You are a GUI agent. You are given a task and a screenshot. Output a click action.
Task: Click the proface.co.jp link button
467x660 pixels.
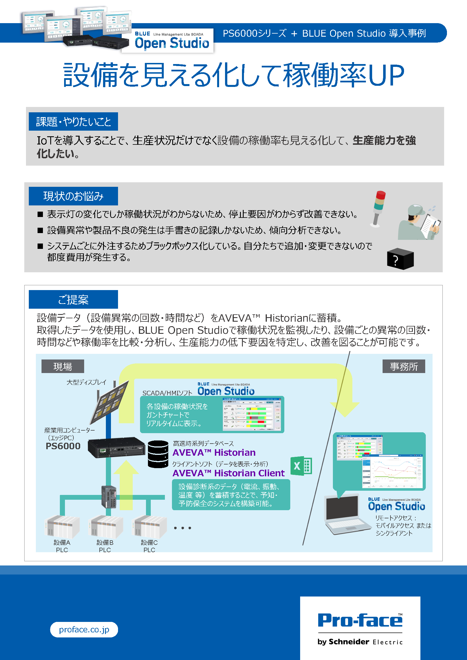84,630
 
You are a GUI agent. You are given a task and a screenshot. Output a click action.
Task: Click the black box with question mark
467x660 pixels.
400,259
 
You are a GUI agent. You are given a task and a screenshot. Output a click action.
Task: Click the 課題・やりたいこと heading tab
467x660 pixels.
73,122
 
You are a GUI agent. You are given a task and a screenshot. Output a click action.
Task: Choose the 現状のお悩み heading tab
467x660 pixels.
73,196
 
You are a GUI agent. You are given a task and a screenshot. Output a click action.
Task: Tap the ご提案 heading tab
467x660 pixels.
73,300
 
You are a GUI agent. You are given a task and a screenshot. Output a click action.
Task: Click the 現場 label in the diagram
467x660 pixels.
63,367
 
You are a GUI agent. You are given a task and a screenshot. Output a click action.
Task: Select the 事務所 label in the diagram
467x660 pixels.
403,367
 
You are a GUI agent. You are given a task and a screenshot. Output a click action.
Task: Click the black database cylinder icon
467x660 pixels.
158,454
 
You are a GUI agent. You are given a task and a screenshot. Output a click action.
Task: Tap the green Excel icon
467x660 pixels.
301,466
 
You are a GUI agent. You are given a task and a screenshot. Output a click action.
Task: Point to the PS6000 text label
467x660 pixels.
63,446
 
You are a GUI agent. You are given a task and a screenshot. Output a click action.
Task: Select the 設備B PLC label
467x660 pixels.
105,546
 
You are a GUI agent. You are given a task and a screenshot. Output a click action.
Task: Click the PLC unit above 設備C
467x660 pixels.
149,527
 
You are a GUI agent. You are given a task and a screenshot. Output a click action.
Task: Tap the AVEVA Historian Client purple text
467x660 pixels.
228,473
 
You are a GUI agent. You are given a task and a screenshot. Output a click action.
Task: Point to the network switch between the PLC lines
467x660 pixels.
109,497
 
